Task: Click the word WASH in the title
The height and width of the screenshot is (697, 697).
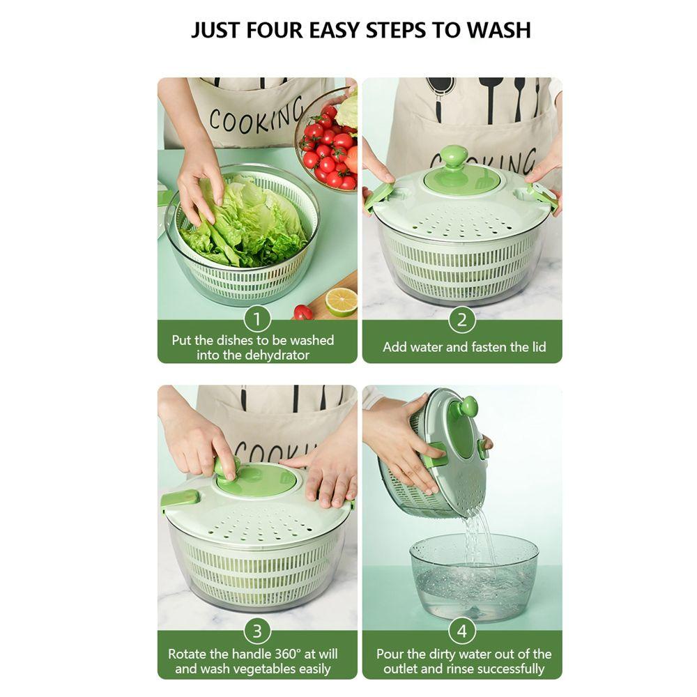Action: tap(499, 30)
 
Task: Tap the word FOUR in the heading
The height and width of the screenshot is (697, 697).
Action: tap(274, 30)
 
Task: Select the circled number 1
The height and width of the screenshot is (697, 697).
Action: tap(257, 319)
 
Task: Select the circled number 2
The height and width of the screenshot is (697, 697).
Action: tap(462, 320)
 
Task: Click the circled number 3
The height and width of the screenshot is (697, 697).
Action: tap(257, 631)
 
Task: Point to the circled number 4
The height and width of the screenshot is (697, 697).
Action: tap(462, 631)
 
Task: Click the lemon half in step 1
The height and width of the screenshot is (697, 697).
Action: tap(342, 302)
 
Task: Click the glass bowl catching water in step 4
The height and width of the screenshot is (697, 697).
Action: tap(474, 578)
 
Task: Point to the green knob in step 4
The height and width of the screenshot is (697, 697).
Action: tap(468, 406)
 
